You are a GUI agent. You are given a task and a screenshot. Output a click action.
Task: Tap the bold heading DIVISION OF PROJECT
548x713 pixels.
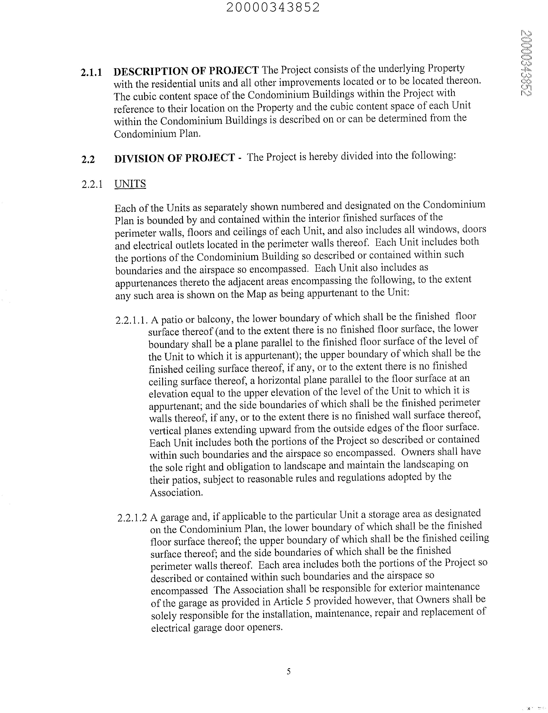click(174, 158)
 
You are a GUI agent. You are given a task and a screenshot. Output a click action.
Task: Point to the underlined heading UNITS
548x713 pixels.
click(130, 184)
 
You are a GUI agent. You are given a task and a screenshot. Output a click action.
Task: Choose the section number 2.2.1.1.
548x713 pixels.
click(132, 320)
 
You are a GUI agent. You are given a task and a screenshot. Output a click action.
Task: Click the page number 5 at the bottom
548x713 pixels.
click(288, 671)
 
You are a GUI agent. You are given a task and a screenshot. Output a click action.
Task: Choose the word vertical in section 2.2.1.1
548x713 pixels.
click(165, 431)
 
